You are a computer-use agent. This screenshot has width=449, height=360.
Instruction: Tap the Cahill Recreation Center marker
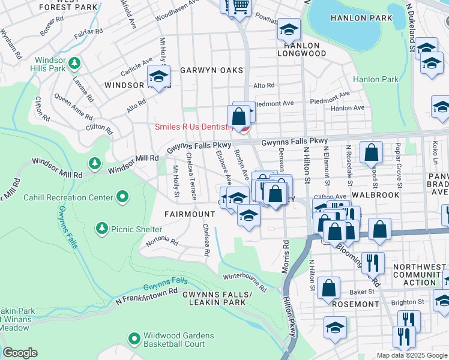pyautogui.click(x=122, y=197)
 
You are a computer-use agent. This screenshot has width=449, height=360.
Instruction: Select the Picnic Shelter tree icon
pyautogui.click(x=101, y=229)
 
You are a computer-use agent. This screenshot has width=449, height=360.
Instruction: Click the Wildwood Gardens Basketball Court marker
pyautogui.click(x=134, y=338)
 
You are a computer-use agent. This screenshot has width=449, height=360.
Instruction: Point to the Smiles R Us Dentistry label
pyautogui.click(x=194, y=127)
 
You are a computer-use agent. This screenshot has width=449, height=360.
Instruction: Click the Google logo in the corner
pyautogui.click(x=20, y=352)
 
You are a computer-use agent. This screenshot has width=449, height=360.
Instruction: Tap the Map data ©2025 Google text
pyautogui.click(x=412, y=355)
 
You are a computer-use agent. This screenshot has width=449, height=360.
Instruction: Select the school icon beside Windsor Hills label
pyautogui.click(x=159, y=76)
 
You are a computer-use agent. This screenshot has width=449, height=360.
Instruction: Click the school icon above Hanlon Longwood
pyautogui.click(x=289, y=28)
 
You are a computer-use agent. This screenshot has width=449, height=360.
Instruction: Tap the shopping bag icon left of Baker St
pyautogui.click(x=329, y=287)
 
